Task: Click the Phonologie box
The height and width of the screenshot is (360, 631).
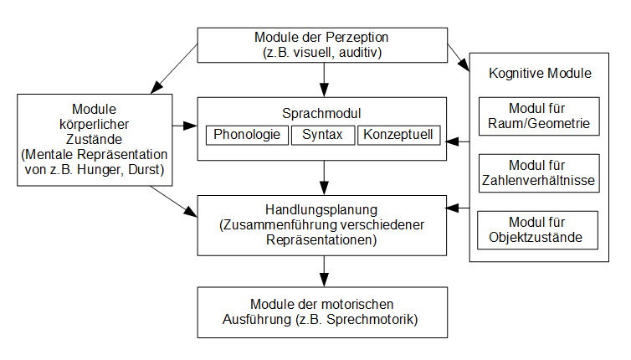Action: click(x=246, y=134)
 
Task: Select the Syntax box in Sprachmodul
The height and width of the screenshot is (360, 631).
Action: click(x=323, y=134)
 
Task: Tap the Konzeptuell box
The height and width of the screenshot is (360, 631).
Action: click(x=399, y=134)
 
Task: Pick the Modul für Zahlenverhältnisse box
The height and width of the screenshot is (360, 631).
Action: click(x=538, y=172)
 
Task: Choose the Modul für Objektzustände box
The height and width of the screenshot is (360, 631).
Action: click(x=538, y=230)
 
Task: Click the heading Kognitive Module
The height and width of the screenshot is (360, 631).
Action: click(x=540, y=74)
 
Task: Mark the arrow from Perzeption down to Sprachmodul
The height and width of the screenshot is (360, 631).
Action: click(x=323, y=79)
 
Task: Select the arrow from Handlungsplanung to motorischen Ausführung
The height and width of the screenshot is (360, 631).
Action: click(x=323, y=270)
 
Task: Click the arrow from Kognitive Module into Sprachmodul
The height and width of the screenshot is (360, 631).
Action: click(x=459, y=142)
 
